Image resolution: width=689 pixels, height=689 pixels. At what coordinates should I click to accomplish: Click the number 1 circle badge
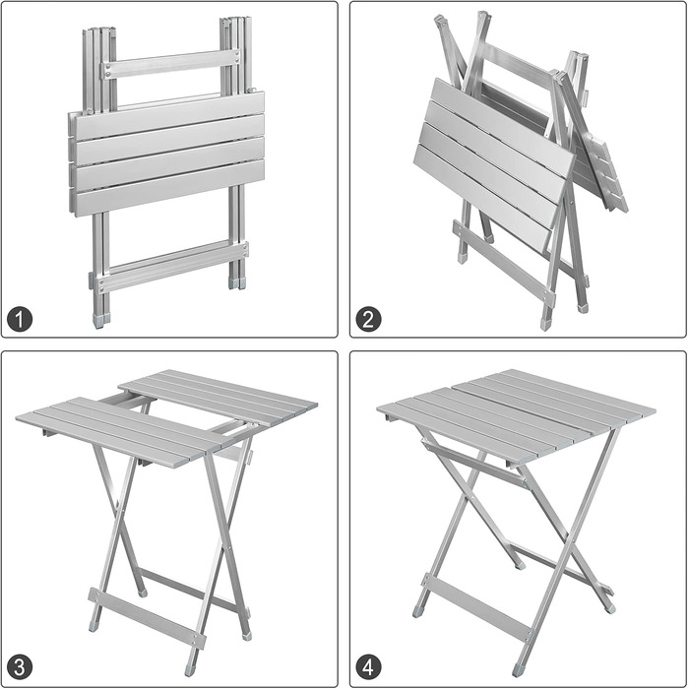click(x=21, y=319)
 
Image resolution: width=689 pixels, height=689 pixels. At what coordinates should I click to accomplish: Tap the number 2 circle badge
click(x=369, y=319)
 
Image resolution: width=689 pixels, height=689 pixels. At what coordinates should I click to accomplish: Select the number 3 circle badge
click(x=21, y=667)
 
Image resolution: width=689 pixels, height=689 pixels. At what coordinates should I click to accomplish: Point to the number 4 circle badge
click(x=369, y=667)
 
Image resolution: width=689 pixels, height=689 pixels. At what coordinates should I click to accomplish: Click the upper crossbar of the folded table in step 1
click(x=170, y=64)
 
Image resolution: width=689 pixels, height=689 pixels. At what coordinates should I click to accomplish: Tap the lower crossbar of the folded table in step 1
click(x=170, y=268)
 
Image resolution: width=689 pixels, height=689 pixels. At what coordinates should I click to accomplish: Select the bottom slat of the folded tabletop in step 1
click(x=168, y=188)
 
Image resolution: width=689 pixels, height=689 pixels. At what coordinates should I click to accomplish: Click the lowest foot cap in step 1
click(x=100, y=321)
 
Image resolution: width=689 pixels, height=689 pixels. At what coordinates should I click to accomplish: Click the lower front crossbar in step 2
click(x=504, y=263)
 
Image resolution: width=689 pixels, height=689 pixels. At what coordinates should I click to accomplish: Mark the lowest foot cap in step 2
click(x=545, y=324)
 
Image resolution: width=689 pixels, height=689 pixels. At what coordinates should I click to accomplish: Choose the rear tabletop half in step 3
click(x=219, y=398)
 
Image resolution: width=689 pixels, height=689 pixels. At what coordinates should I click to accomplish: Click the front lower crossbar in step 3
click(x=147, y=619)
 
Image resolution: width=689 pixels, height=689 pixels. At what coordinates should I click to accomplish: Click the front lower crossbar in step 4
click(x=477, y=608)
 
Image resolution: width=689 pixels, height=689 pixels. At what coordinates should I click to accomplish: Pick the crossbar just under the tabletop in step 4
click(x=475, y=461)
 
